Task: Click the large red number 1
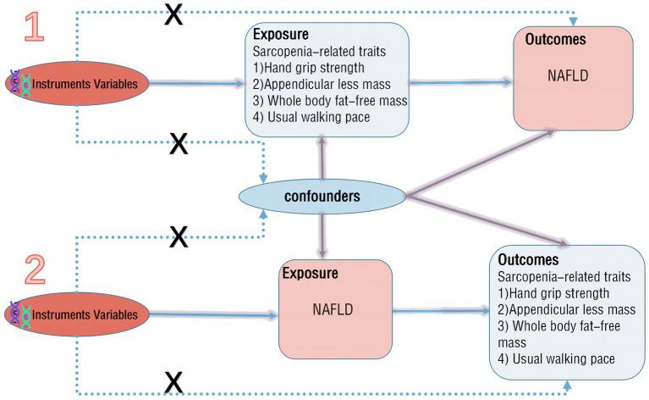pyautogui.click(x=34, y=27)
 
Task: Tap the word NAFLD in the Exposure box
pyautogui.click(x=334, y=311)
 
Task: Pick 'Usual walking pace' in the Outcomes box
pyautogui.click(x=558, y=359)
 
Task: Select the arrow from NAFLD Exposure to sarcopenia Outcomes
pyautogui.click(x=440, y=312)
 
